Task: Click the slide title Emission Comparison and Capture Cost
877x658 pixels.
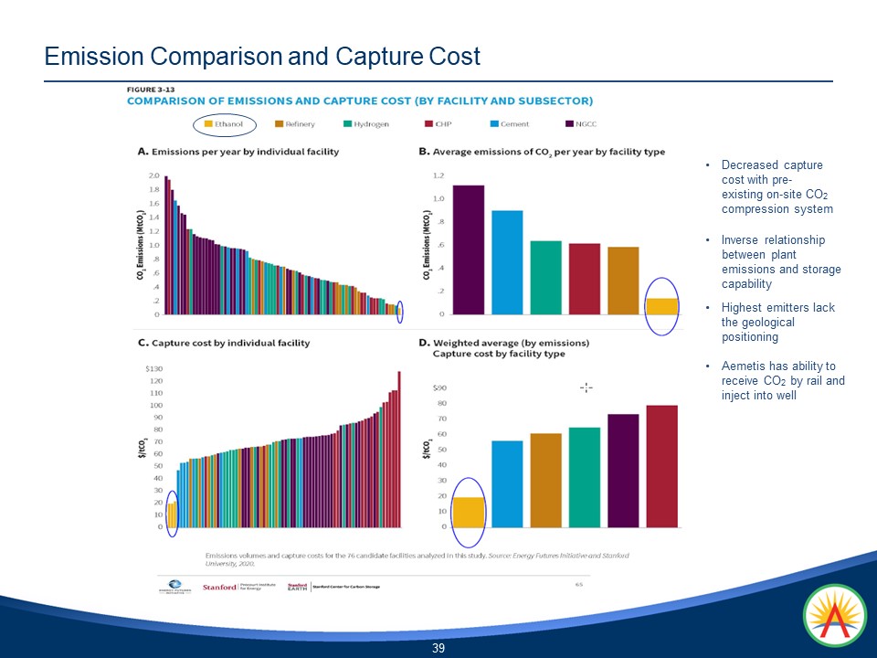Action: pos(262,57)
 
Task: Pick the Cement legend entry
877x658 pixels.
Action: pos(512,123)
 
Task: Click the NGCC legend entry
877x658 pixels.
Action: pos(582,123)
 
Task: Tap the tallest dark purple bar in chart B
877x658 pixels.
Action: pos(469,249)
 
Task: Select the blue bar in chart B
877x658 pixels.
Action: pos(507,261)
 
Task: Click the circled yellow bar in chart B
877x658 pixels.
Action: pos(662,306)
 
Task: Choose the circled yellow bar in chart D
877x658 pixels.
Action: pos(469,512)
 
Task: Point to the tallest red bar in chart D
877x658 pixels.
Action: pos(662,466)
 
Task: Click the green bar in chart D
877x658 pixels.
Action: pos(585,477)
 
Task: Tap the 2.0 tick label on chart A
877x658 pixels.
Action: pos(153,175)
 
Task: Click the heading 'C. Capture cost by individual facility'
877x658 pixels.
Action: pos(223,343)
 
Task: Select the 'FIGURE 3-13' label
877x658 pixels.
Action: pos(147,89)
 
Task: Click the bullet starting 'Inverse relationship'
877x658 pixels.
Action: pos(779,261)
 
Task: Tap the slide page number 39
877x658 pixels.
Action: pos(438,648)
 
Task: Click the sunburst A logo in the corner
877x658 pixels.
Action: pos(834,616)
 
